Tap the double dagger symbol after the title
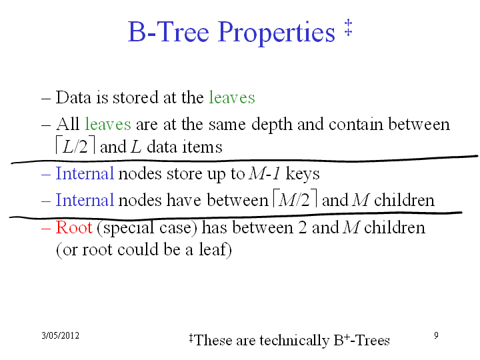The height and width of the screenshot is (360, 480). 348,27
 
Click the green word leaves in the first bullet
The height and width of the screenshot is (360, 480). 232,97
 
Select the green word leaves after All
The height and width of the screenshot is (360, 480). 108,124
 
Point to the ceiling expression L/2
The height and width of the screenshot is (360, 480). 75,146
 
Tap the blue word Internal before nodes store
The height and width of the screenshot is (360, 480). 85,173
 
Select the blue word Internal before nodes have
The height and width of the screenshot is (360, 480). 85,200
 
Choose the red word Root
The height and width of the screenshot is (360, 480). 74,227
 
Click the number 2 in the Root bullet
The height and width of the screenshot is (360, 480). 302,228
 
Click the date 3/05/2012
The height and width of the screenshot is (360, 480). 60,335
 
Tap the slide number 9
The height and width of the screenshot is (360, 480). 436,335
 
